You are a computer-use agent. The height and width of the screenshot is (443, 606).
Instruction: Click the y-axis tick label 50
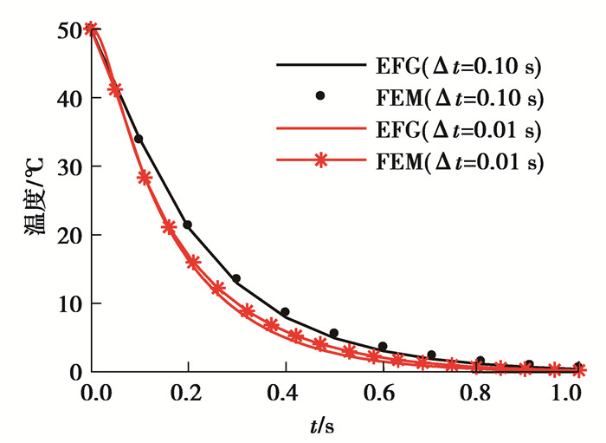[67, 30]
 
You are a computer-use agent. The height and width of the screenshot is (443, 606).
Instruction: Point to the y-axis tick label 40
[67, 99]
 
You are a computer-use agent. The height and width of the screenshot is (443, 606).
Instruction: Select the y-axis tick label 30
[67, 166]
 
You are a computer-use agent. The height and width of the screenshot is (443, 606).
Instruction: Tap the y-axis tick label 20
[67, 235]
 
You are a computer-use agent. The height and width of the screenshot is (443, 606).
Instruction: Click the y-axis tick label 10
[67, 303]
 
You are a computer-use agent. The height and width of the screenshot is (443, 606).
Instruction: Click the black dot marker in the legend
[320, 95]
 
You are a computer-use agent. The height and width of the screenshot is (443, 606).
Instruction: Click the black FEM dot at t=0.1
[139, 139]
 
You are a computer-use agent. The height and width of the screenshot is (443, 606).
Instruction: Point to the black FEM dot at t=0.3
[236, 278]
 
